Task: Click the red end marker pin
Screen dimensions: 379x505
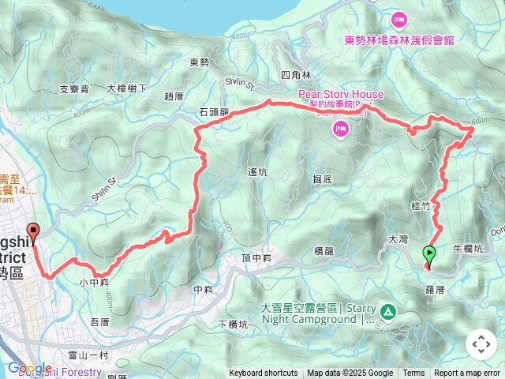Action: [33, 232]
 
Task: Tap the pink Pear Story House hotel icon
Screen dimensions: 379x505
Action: [341, 129]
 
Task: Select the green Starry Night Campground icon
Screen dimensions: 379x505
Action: [387, 312]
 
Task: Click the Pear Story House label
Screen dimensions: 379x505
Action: [341, 95]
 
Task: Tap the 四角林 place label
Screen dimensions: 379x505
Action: [291, 75]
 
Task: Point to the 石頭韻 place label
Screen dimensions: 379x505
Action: [214, 112]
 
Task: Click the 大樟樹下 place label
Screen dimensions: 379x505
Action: [127, 89]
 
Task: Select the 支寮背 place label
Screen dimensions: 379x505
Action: [74, 89]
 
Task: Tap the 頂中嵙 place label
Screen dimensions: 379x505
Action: [256, 258]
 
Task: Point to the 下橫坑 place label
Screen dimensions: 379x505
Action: [234, 324]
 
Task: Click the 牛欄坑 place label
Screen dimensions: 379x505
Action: [468, 247]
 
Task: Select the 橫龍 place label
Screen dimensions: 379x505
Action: [324, 251]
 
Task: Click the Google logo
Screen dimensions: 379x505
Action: [29, 369]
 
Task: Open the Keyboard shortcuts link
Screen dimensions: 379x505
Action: [264, 373]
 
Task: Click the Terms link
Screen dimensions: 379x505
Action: [413, 373]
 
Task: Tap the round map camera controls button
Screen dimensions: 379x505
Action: [481, 344]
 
